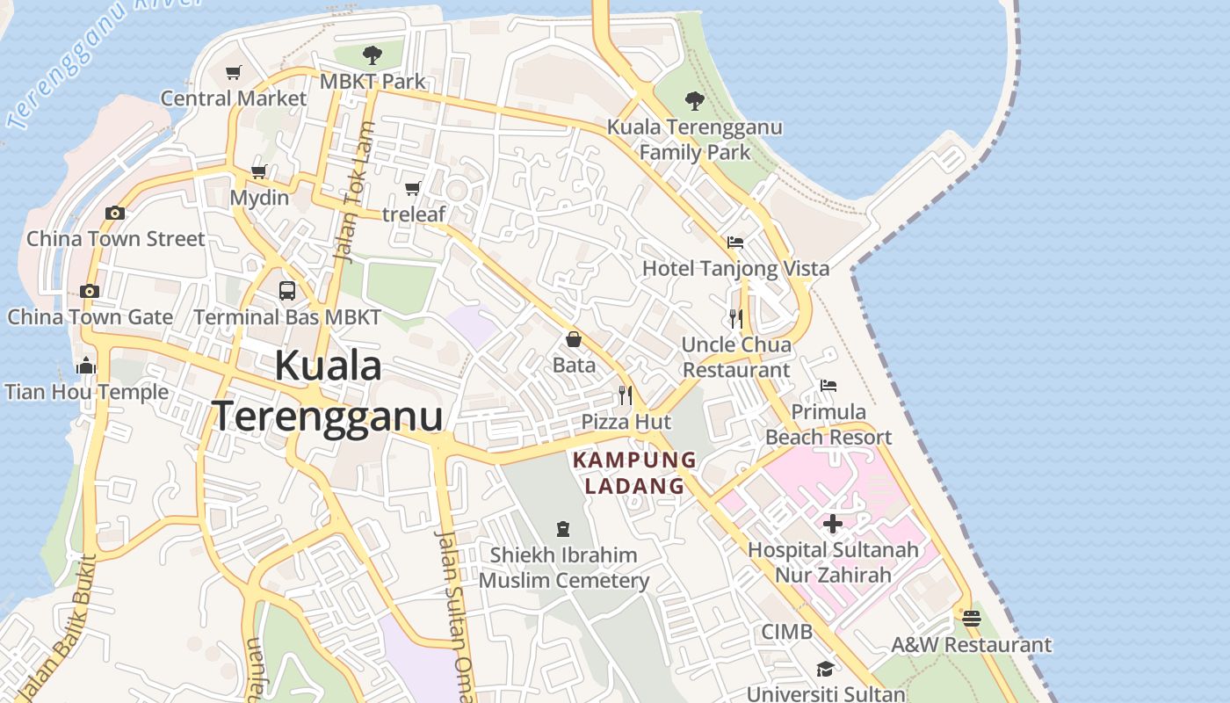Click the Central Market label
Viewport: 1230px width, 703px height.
pos(234,98)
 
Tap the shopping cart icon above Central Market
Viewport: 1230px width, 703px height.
pos(233,73)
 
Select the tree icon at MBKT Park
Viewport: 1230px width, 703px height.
pos(373,55)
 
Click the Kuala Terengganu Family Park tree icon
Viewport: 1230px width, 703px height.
pos(695,101)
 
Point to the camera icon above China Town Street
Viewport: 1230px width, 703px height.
pos(114,213)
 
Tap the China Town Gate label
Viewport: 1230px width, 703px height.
pos(90,316)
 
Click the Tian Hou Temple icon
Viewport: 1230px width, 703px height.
pos(86,366)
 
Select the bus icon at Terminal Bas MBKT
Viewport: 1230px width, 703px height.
pos(287,291)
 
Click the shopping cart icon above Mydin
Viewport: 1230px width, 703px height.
pos(259,172)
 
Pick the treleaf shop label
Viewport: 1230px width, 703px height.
pos(414,214)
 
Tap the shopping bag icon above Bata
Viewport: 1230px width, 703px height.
pos(574,339)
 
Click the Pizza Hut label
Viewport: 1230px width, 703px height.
pos(626,422)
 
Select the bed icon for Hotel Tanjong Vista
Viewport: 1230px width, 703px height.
pos(735,243)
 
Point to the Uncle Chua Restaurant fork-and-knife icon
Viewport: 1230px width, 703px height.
pos(736,318)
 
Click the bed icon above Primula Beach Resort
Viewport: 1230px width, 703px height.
pos(828,386)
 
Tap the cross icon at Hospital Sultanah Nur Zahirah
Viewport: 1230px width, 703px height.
pos(833,525)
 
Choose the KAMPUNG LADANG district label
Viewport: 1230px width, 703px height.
pos(634,473)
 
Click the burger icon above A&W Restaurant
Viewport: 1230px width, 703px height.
pos(971,619)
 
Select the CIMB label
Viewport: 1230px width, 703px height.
pos(786,632)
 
